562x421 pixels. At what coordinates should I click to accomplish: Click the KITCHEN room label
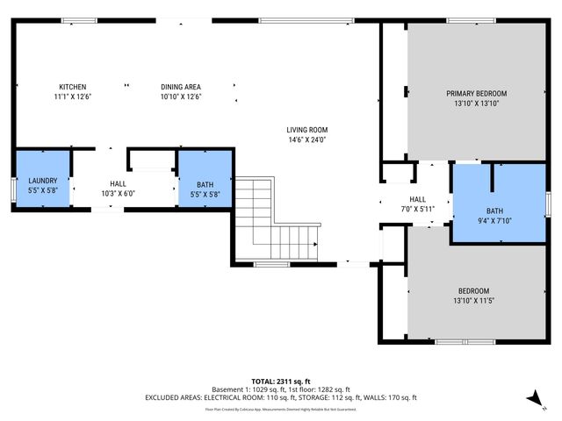[72, 87]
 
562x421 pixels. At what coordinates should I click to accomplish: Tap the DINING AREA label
[181, 87]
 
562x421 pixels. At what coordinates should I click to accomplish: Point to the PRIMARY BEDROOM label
[476, 93]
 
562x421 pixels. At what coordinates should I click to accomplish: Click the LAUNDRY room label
[42, 181]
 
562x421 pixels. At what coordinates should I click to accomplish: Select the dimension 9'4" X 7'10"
[495, 221]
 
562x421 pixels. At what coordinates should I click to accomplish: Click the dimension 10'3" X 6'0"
[117, 193]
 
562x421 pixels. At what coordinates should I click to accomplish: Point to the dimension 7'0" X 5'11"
[418, 209]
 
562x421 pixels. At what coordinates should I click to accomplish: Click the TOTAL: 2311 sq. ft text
[281, 381]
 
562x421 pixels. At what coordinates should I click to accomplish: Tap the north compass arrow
[533, 399]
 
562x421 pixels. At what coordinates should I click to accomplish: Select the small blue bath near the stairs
[205, 180]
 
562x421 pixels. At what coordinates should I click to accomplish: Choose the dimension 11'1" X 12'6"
[72, 96]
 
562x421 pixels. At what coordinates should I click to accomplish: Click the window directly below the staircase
[271, 264]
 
